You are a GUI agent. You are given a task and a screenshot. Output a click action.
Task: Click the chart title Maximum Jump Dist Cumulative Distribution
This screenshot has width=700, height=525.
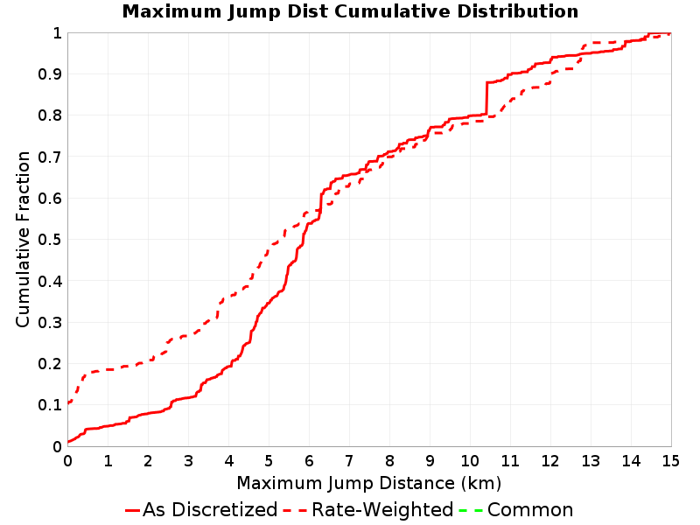[350, 11]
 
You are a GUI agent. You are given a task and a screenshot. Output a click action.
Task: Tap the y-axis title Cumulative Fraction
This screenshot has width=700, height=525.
[23, 239]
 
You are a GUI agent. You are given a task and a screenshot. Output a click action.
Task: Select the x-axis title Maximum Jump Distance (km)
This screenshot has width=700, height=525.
[369, 483]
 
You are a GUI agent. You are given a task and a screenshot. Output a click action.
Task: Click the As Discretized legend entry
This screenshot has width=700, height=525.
[202, 509]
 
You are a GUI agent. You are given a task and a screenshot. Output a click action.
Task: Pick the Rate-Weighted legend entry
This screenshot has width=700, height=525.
[368, 509]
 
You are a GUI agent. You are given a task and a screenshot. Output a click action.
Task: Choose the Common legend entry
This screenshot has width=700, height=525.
[516, 509]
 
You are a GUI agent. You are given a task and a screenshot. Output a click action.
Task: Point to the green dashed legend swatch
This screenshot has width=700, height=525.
[471, 510]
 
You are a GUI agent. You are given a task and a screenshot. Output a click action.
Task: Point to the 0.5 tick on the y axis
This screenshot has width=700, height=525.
[50, 240]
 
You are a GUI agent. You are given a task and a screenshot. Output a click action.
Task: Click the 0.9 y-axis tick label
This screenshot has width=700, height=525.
[50, 74]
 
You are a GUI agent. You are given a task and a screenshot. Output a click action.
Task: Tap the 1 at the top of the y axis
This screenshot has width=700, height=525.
[57, 33]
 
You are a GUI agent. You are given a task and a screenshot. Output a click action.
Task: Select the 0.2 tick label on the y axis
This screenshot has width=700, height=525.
[50, 364]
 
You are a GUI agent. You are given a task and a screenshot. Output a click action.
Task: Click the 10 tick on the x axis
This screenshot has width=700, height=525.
[470, 461]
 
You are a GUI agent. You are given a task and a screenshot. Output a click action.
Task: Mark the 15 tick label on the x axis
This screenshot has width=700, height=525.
[670, 461]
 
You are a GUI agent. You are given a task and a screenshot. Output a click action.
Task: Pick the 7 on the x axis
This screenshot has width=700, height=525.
[349, 461]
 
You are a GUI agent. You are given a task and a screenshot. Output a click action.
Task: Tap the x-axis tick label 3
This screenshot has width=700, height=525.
[188, 461]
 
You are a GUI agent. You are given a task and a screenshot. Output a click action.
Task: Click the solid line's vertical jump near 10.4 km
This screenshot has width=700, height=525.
[486, 98]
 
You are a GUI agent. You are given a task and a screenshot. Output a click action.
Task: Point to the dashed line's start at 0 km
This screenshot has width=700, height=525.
[69, 402]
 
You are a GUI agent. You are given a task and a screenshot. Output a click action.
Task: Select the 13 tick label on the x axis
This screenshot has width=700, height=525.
[590, 461]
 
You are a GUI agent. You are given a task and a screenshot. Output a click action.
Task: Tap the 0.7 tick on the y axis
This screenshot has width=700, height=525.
[50, 157]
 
